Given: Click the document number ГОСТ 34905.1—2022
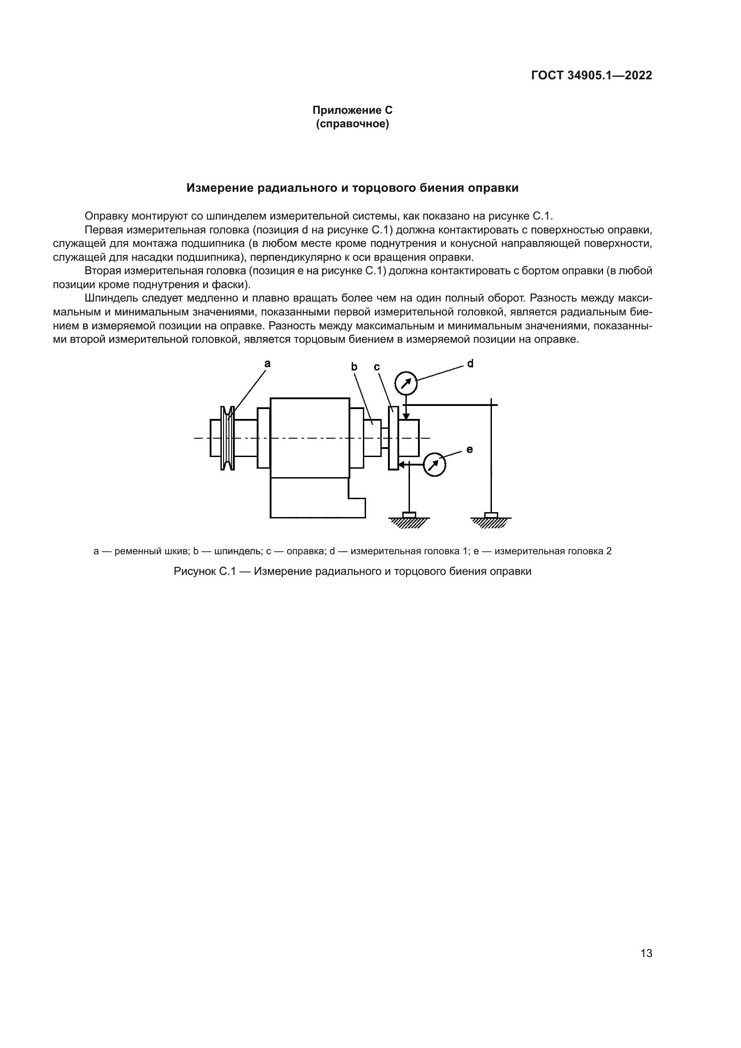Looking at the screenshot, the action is [x=591, y=75].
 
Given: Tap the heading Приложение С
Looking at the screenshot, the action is [x=352, y=110].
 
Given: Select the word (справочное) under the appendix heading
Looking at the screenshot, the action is [x=352, y=124].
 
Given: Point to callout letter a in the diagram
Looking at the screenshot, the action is [x=267, y=363].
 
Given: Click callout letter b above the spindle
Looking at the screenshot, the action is [x=354, y=366].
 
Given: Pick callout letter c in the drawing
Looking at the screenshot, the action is [x=377, y=367].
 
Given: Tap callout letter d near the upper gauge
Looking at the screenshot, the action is [x=470, y=363].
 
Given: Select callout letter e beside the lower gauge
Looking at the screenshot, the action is [x=470, y=449].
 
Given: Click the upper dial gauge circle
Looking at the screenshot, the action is [x=405, y=384].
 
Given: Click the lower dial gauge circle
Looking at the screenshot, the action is [x=435, y=465].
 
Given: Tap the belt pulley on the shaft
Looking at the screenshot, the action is [x=227, y=438].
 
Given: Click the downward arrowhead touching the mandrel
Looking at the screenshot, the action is [x=405, y=416].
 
